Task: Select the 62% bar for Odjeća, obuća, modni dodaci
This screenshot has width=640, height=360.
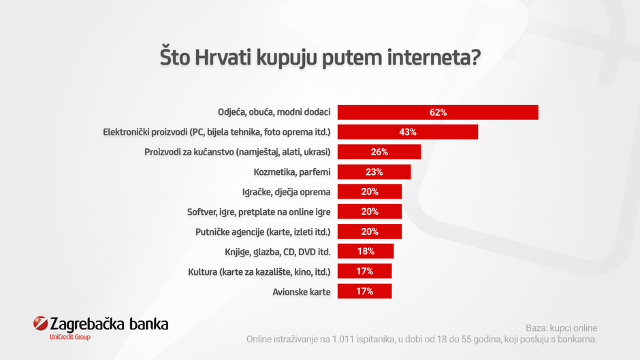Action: point(438,112)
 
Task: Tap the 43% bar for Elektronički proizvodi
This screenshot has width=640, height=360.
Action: point(408,132)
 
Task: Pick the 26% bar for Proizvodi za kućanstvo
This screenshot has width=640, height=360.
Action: point(379,152)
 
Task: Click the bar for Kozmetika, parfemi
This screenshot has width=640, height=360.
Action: point(374,172)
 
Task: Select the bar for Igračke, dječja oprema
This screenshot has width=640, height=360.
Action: point(370,192)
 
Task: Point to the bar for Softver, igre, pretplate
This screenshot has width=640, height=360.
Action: point(370,212)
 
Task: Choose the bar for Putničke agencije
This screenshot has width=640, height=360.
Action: point(370,231)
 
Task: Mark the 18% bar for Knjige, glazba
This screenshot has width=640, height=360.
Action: point(366,252)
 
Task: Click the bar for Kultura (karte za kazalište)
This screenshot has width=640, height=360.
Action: point(364,272)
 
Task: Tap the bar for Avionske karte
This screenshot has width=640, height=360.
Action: point(364,291)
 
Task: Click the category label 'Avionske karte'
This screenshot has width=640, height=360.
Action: point(301,292)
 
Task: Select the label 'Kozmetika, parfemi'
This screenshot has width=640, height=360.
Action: point(291,172)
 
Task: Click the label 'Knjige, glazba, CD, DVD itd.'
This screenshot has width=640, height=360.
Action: point(277,252)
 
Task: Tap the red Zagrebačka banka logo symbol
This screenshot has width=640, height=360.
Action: point(40,324)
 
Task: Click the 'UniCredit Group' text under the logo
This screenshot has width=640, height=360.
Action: point(70,337)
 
